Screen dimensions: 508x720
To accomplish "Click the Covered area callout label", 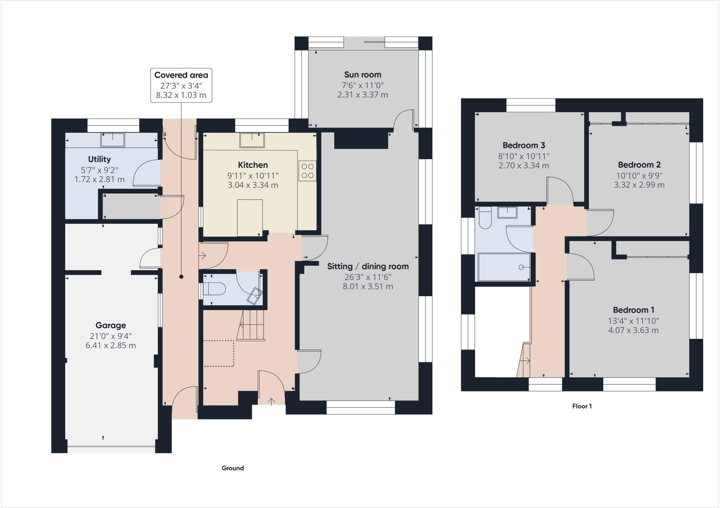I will [181, 75].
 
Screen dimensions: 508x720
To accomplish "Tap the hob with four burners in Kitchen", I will [307, 171].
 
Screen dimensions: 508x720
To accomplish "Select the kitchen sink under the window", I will [252, 140].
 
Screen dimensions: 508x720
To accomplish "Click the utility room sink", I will [112, 139].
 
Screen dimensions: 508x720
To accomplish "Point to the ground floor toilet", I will [214, 289].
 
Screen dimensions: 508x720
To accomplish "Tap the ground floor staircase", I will [251, 325].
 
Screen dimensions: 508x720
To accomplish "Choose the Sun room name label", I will [362, 74].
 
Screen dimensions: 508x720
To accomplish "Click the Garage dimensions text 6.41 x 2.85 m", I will [110, 345].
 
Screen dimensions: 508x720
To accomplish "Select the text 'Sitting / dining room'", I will [368, 266].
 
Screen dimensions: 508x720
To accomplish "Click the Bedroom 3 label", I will [523, 145].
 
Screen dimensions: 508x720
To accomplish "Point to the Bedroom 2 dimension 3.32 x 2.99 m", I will [639, 185].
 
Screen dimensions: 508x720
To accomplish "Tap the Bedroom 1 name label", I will [633, 310].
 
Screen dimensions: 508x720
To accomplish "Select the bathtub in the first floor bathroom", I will [504, 267].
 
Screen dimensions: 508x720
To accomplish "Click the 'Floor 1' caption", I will [582, 406].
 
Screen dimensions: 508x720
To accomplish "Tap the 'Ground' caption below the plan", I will [232, 468].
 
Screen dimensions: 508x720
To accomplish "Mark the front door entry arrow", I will [271, 401].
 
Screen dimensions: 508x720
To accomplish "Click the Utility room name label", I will [99, 159].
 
